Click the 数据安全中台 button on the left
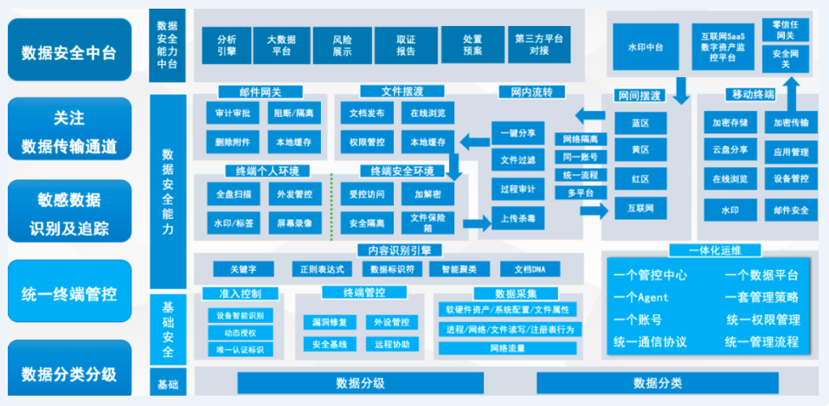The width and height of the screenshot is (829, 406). tap(69, 52)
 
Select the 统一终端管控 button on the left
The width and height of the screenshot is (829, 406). tap(69, 292)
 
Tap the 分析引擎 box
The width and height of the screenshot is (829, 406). tap(227, 44)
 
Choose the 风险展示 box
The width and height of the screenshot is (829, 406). tap(343, 44)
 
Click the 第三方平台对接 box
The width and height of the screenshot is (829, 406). tap(538, 44)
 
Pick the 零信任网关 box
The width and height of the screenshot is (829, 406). tap(786, 29)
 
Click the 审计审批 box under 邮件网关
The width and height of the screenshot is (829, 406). tap(232, 113)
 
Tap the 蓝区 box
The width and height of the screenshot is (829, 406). tap(640, 123)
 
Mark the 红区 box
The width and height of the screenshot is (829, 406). tap(640, 179)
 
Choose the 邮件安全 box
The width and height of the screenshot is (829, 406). tap(791, 209)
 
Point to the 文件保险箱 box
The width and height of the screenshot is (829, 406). tap(427, 223)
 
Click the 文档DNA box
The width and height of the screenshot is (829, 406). tap(530, 268)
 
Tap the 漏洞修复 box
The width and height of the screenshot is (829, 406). tap(330, 322)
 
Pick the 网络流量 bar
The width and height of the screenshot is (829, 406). tap(507, 348)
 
